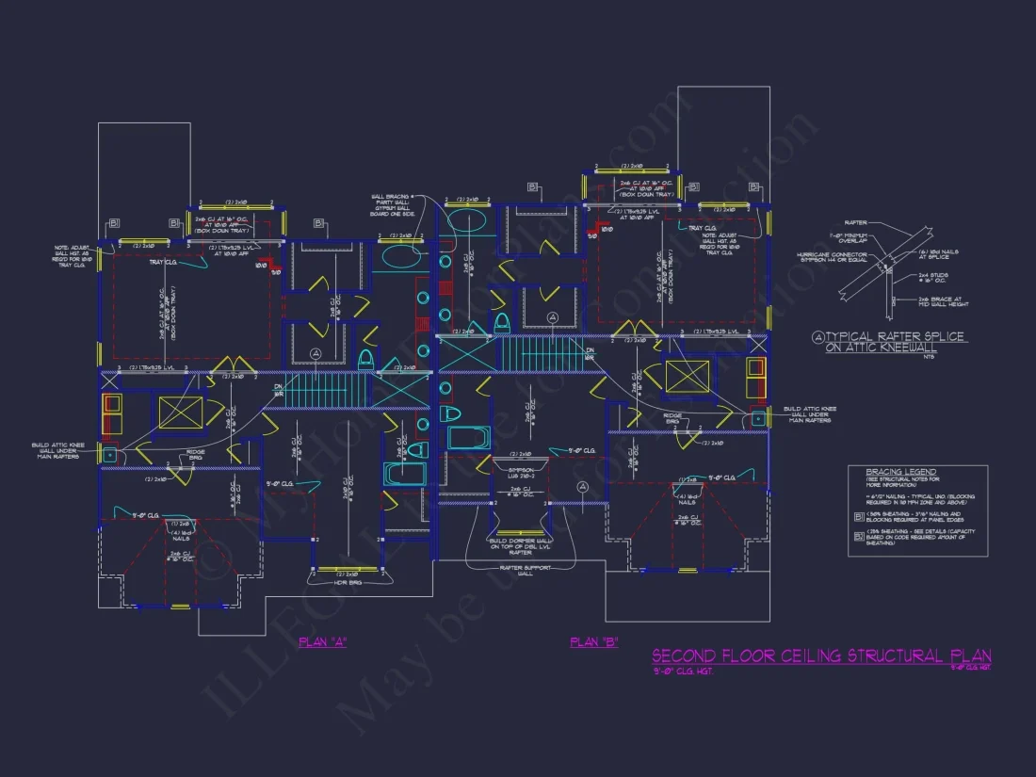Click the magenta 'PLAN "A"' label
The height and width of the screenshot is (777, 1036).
pos(322,642)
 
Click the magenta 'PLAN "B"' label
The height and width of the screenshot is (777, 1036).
pos(593,642)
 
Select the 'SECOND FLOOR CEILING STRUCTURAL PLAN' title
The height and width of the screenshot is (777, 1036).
pos(820,656)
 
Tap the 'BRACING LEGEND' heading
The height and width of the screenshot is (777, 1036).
pos(882,472)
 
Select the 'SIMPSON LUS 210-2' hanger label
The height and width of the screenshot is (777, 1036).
pos(517,473)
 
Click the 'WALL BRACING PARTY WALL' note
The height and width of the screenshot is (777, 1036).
pos(394,204)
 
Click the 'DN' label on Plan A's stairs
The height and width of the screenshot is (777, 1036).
pos(279,387)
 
